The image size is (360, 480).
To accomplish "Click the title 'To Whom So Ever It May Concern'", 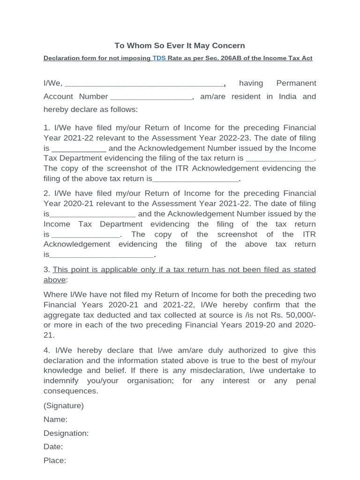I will [x=180, y=45].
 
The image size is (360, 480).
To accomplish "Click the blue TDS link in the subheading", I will [x=158, y=59].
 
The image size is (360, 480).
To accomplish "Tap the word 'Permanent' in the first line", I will [x=296, y=83].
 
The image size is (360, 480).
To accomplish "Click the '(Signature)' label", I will [x=64, y=405].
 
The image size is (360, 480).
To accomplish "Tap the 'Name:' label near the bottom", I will [x=55, y=419].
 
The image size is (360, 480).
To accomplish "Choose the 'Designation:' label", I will [x=66, y=433].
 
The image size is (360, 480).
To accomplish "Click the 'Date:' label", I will [x=53, y=447].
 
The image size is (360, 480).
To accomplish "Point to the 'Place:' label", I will [x=55, y=460].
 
